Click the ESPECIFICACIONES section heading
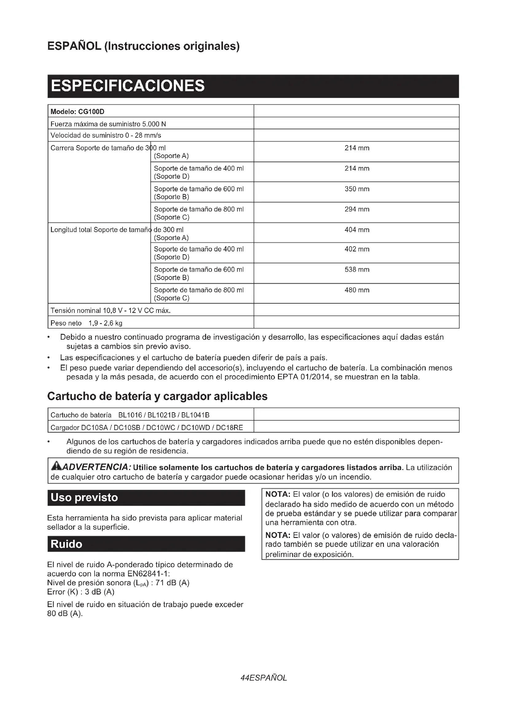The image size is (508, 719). [128, 86]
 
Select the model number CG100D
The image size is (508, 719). [91, 112]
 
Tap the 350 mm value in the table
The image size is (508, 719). [357, 189]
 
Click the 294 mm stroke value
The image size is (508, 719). [357, 209]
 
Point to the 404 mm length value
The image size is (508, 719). [357, 230]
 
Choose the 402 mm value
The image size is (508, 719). [357, 249]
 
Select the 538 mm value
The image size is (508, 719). [357, 269]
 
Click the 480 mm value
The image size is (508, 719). [357, 290]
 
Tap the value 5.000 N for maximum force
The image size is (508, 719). [154, 124]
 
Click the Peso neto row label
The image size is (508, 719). [66, 323]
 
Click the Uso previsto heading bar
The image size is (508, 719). [146, 498]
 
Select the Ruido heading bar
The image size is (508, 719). [146, 544]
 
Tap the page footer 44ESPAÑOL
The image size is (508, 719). [264, 678]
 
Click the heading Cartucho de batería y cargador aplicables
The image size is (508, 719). [157, 396]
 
